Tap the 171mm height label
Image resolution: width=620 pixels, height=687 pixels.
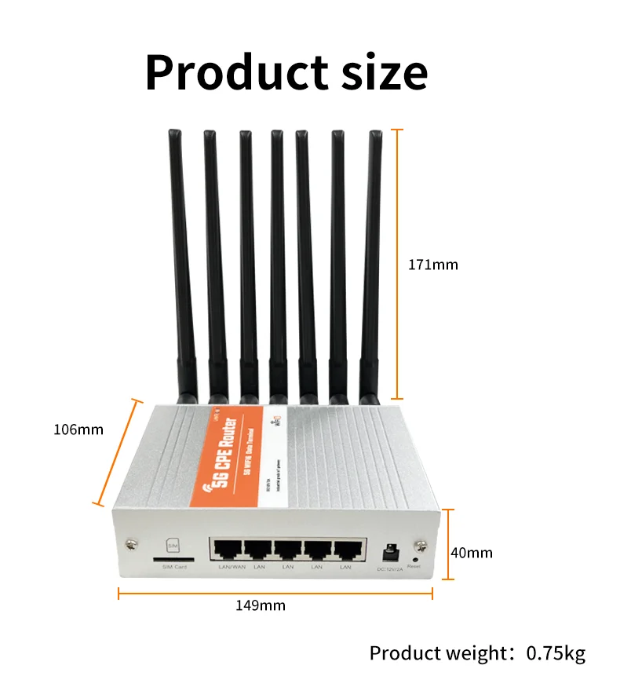click(x=432, y=265)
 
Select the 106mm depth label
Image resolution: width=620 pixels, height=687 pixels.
click(x=78, y=429)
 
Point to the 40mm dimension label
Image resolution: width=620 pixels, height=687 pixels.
click(x=472, y=553)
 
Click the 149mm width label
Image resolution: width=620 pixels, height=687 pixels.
click(x=261, y=605)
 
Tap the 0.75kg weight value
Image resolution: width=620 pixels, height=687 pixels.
click(x=556, y=653)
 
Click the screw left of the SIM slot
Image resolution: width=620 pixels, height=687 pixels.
click(x=129, y=543)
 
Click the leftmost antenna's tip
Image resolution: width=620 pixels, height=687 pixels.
click(x=174, y=135)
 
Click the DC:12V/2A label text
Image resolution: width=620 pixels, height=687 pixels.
click(x=390, y=568)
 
